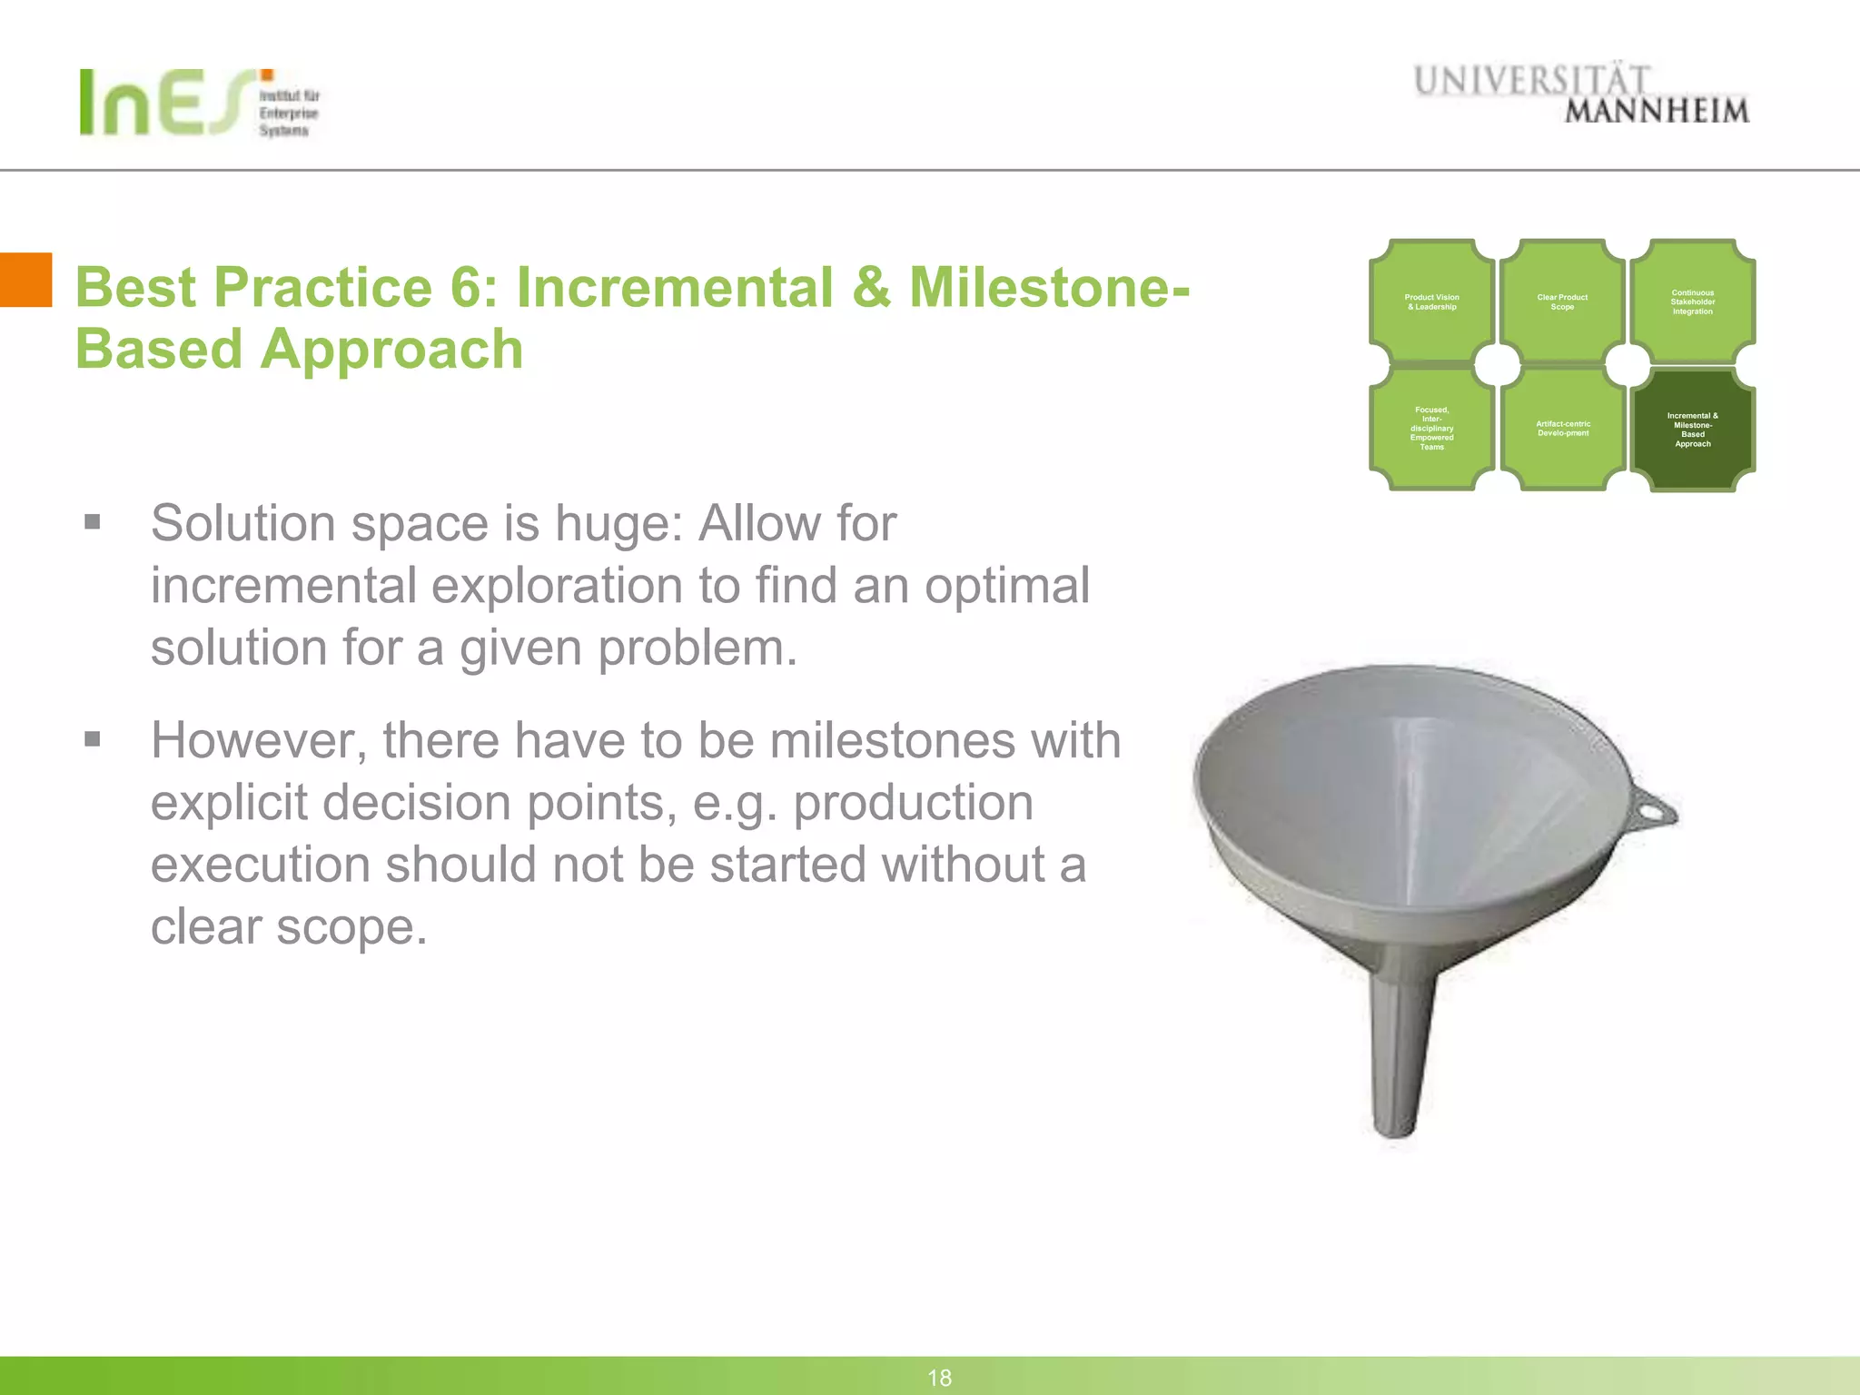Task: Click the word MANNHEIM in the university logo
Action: tap(1656, 112)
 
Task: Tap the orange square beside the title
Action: tap(25, 280)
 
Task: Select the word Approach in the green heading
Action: tap(391, 350)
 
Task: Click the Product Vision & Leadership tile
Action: tap(1431, 302)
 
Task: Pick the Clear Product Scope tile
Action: tap(1562, 302)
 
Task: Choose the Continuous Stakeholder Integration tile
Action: tap(1692, 302)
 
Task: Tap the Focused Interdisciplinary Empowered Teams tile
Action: tap(1431, 429)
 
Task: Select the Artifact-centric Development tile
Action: tap(1562, 429)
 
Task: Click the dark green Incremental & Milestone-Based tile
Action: tap(1692, 430)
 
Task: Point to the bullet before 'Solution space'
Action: tap(92, 522)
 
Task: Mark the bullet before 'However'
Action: tap(92, 739)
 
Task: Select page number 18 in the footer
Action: tap(939, 1378)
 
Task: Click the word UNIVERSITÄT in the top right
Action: tap(1530, 81)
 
